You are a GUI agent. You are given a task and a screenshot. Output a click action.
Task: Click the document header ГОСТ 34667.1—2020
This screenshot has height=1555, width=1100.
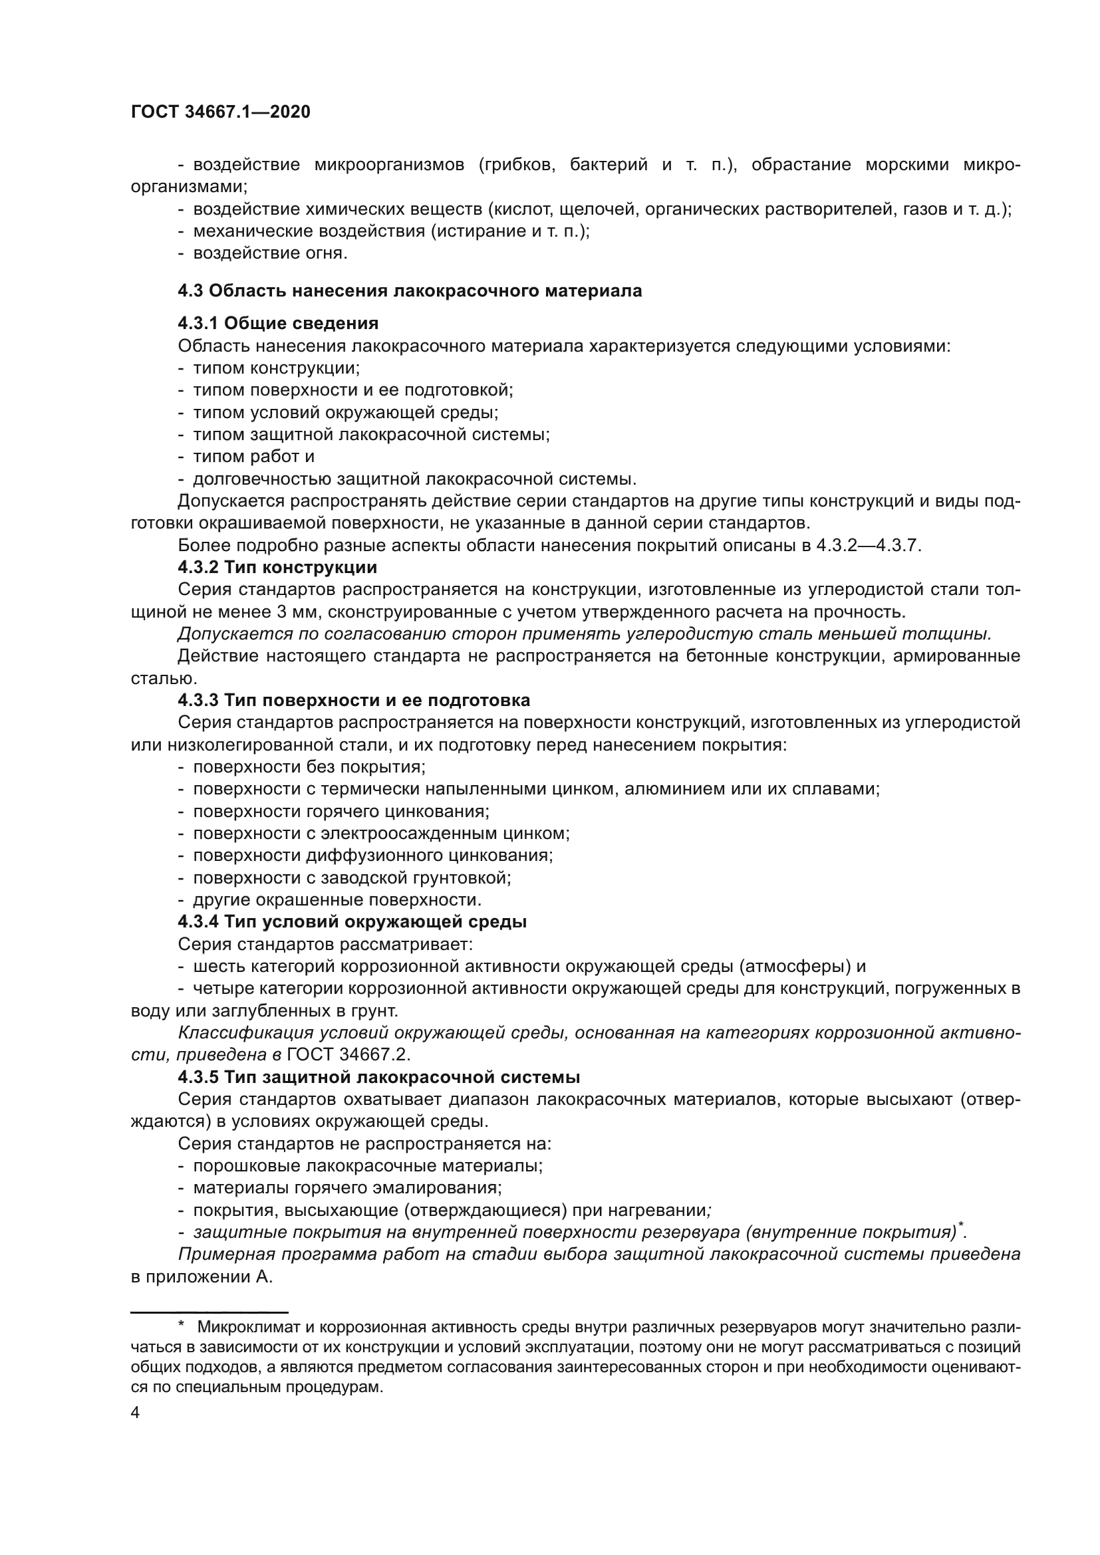pos(221,112)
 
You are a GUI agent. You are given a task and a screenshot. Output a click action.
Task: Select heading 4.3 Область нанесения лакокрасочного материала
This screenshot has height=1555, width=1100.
pos(410,291)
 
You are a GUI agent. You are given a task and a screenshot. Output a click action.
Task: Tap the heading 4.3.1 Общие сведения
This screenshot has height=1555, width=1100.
pos(278,323)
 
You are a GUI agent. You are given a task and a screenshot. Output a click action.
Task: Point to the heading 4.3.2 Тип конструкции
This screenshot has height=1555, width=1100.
pos(277,567)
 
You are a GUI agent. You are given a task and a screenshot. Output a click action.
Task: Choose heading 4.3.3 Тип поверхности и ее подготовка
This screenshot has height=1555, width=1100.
pos(354,699)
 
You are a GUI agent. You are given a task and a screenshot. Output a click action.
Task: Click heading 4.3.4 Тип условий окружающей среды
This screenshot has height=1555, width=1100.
pos(352,921)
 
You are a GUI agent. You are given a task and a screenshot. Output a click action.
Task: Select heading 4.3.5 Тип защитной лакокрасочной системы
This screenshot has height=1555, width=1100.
pos(378,1077)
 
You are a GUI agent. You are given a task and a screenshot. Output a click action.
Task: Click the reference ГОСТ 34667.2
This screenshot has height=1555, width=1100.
pos(349,1055)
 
